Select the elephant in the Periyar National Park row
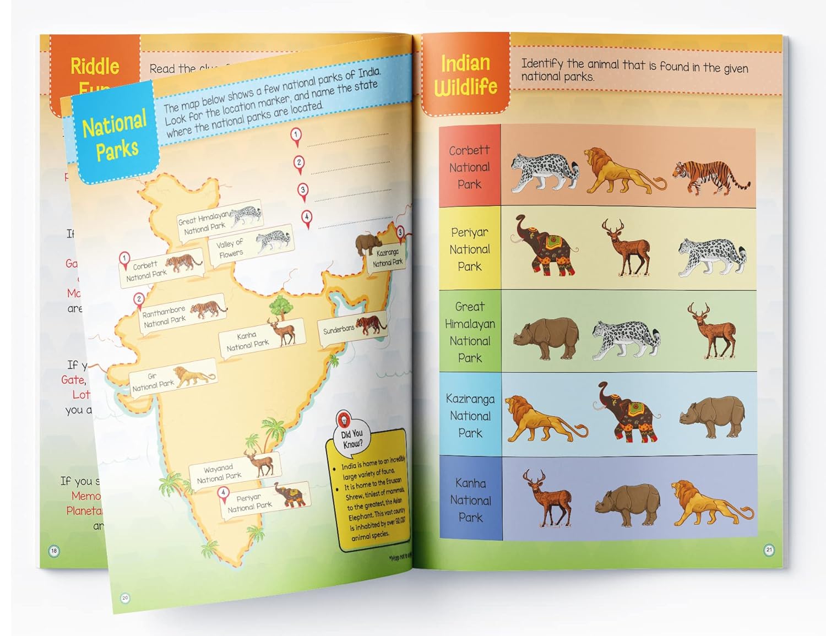click(x=544, y=247)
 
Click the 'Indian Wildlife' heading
click(x=465, y=75)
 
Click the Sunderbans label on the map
click(x=338, y=330)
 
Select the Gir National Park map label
click(x=152, y=382)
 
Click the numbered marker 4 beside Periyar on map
click(x=224, y=493)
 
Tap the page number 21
click(x=769, y=549)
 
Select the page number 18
click(x=54, y=551)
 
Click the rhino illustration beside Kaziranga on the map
click(x=367, y=244)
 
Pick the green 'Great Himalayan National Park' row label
click(x=470, y=332)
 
